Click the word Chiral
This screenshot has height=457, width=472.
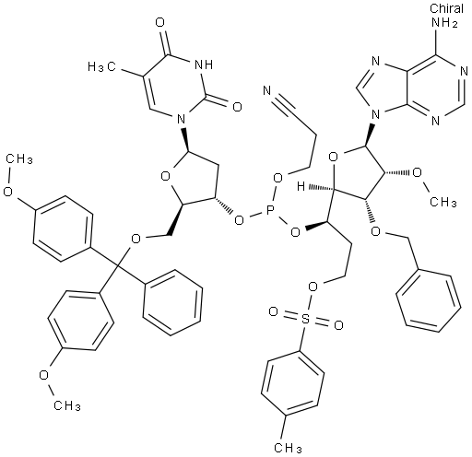[x=446, y=8]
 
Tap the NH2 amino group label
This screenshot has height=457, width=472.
[x=444, y=22]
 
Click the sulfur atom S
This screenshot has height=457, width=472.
[x=305, y=319]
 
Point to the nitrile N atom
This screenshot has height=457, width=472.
[x=267, y=90]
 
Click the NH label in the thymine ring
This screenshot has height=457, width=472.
[x=204, y=64]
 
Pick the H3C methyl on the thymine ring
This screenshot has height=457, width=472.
[x=101, y=66]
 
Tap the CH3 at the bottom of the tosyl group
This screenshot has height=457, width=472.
[x=288, y=448]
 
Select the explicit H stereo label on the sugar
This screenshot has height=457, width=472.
[x=301, y=186]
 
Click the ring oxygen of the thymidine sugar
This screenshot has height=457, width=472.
[x=166, y=176]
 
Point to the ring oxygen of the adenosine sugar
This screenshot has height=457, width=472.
[x=334, y=158]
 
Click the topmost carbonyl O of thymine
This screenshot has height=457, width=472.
[x=160, y=22]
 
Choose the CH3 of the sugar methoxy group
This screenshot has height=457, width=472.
[x=443, y=202]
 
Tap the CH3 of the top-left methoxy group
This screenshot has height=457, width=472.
[x=19, y=158]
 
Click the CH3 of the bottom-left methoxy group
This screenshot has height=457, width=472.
[x=67, y=405]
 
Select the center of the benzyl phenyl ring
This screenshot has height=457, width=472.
[x=428, y=300]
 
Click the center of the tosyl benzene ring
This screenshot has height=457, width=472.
[x=293, y=383]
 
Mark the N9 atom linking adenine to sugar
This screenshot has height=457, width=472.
[x=375, y=115]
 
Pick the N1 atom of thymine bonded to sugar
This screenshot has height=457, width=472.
[x=182, y=118]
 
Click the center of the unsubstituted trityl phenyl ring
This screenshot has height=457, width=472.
[x=172, y=302]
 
